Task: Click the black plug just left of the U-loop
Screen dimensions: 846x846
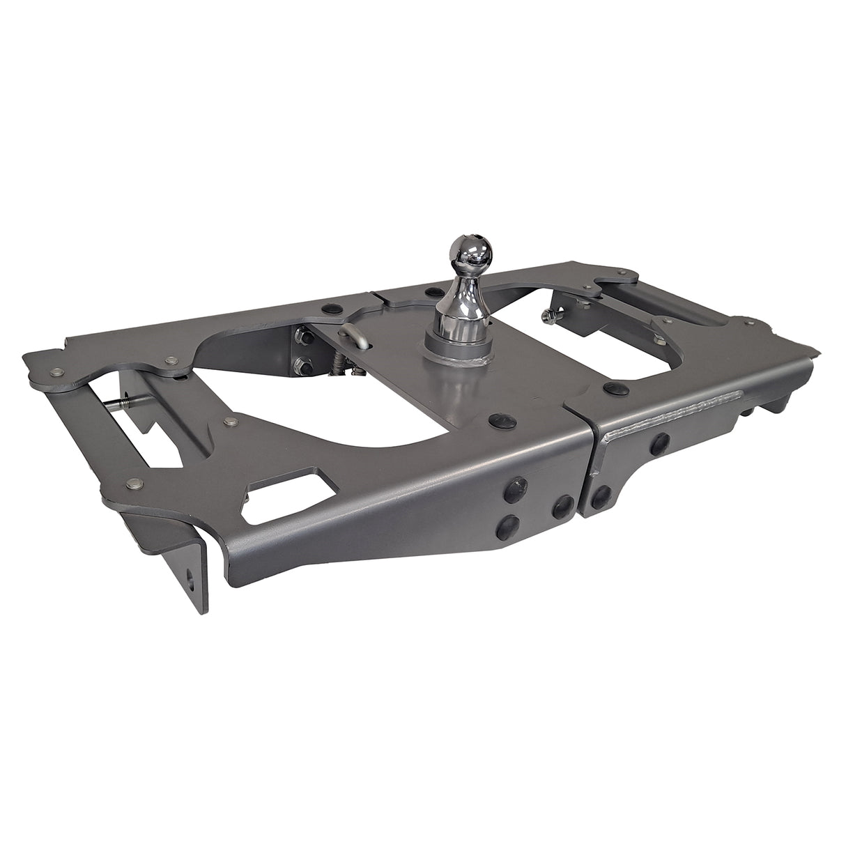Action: tap(328, 309)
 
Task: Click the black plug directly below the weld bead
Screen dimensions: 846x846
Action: tap(657, 441)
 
